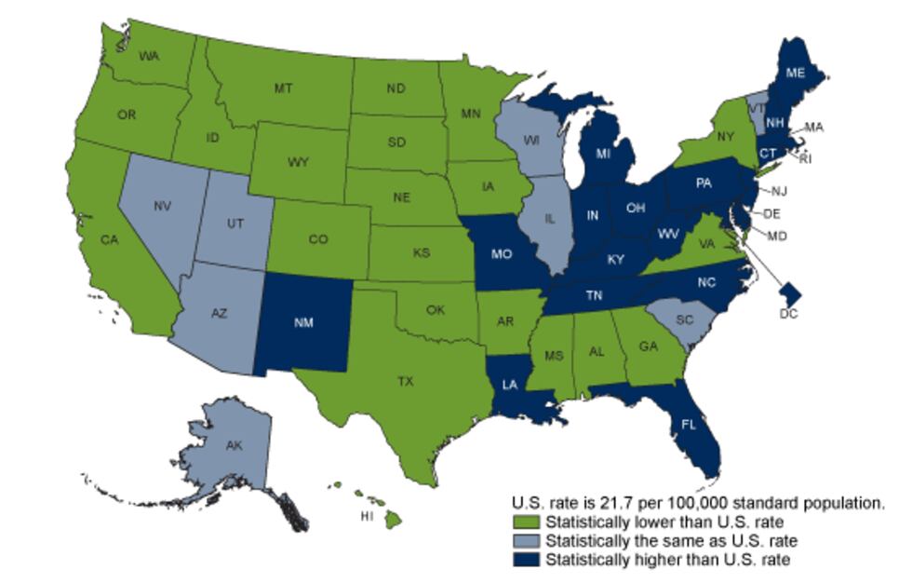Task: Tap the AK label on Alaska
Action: tap(235, 445)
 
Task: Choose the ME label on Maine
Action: tap(797, 73)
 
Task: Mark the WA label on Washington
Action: tap(149, 56)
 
